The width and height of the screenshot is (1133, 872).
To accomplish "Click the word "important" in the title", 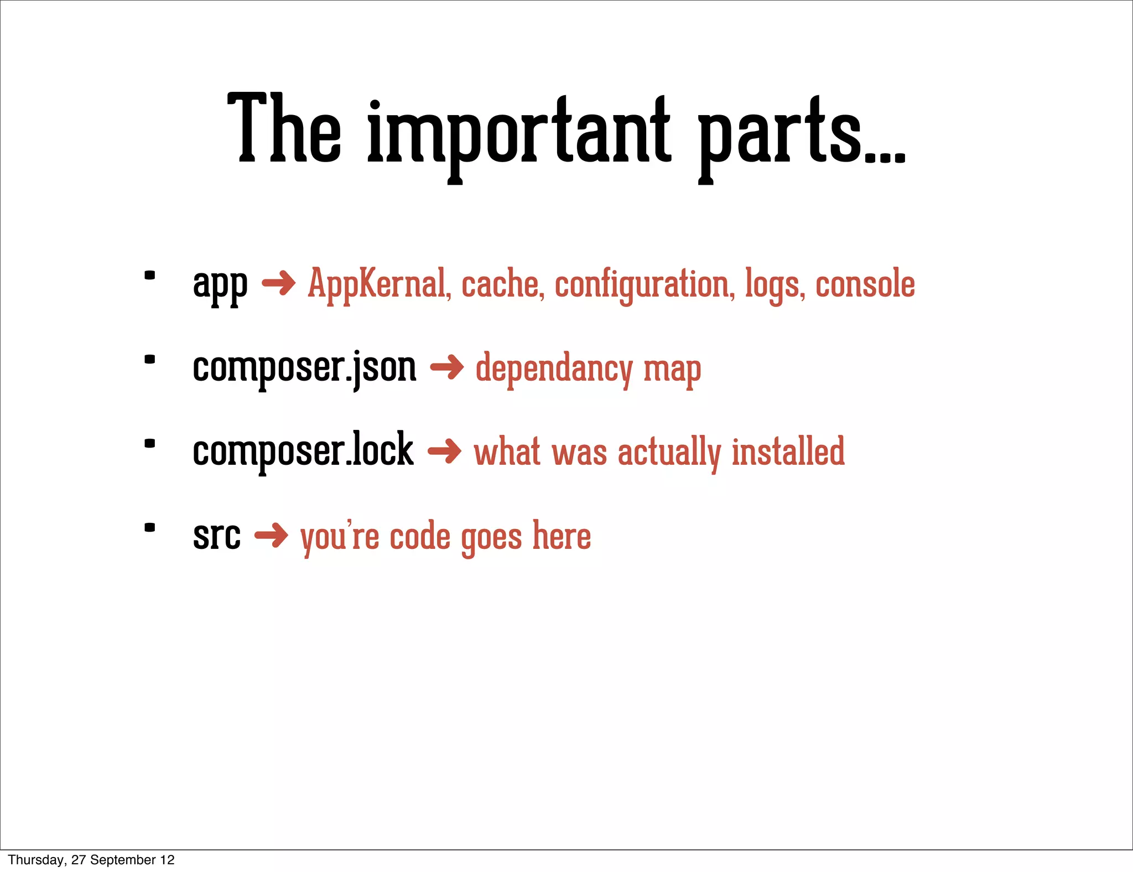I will (x=519, y=133).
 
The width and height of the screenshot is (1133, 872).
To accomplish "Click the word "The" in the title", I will (x=284, y=130).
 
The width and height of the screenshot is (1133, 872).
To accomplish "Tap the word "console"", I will (x=865, y=284).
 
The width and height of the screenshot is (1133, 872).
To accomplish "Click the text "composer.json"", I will (x=304, y=368).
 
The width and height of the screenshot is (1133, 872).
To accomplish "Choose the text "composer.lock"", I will (x=303, y=451).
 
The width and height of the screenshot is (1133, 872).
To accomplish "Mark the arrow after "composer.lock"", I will (x=444, y=451).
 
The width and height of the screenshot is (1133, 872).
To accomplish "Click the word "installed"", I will (x=788, y=451).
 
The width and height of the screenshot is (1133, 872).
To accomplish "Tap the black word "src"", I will (x=216, y=536).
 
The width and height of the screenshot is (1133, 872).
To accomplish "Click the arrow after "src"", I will (x=271, y=535).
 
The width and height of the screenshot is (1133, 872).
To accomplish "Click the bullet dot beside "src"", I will (x=149, y=527).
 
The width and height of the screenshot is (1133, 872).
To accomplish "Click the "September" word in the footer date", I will (x=123, y=860).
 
